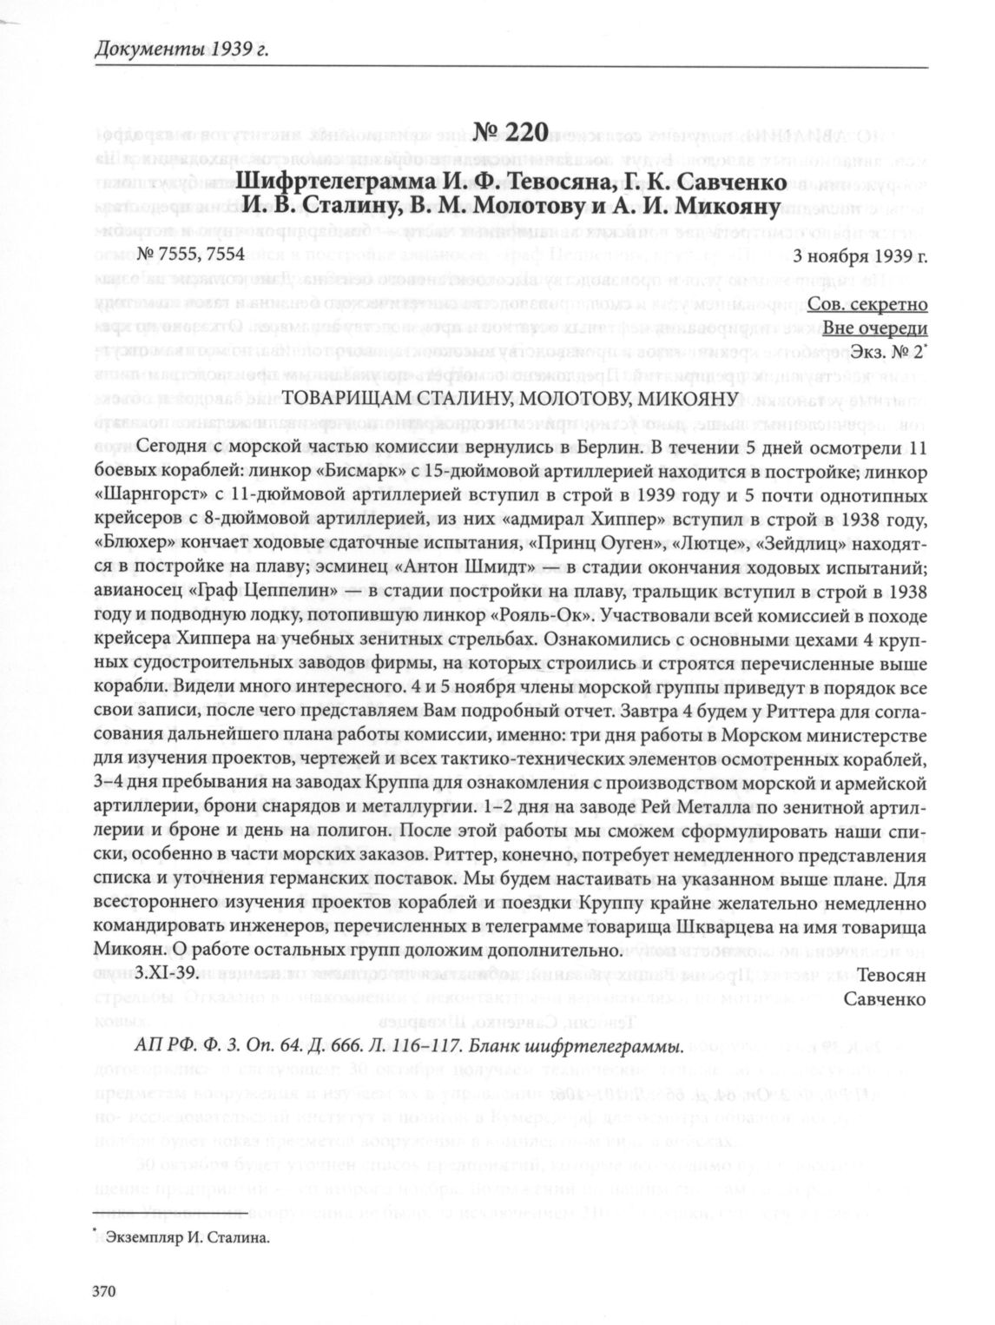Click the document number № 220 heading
(x=511, y=133)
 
